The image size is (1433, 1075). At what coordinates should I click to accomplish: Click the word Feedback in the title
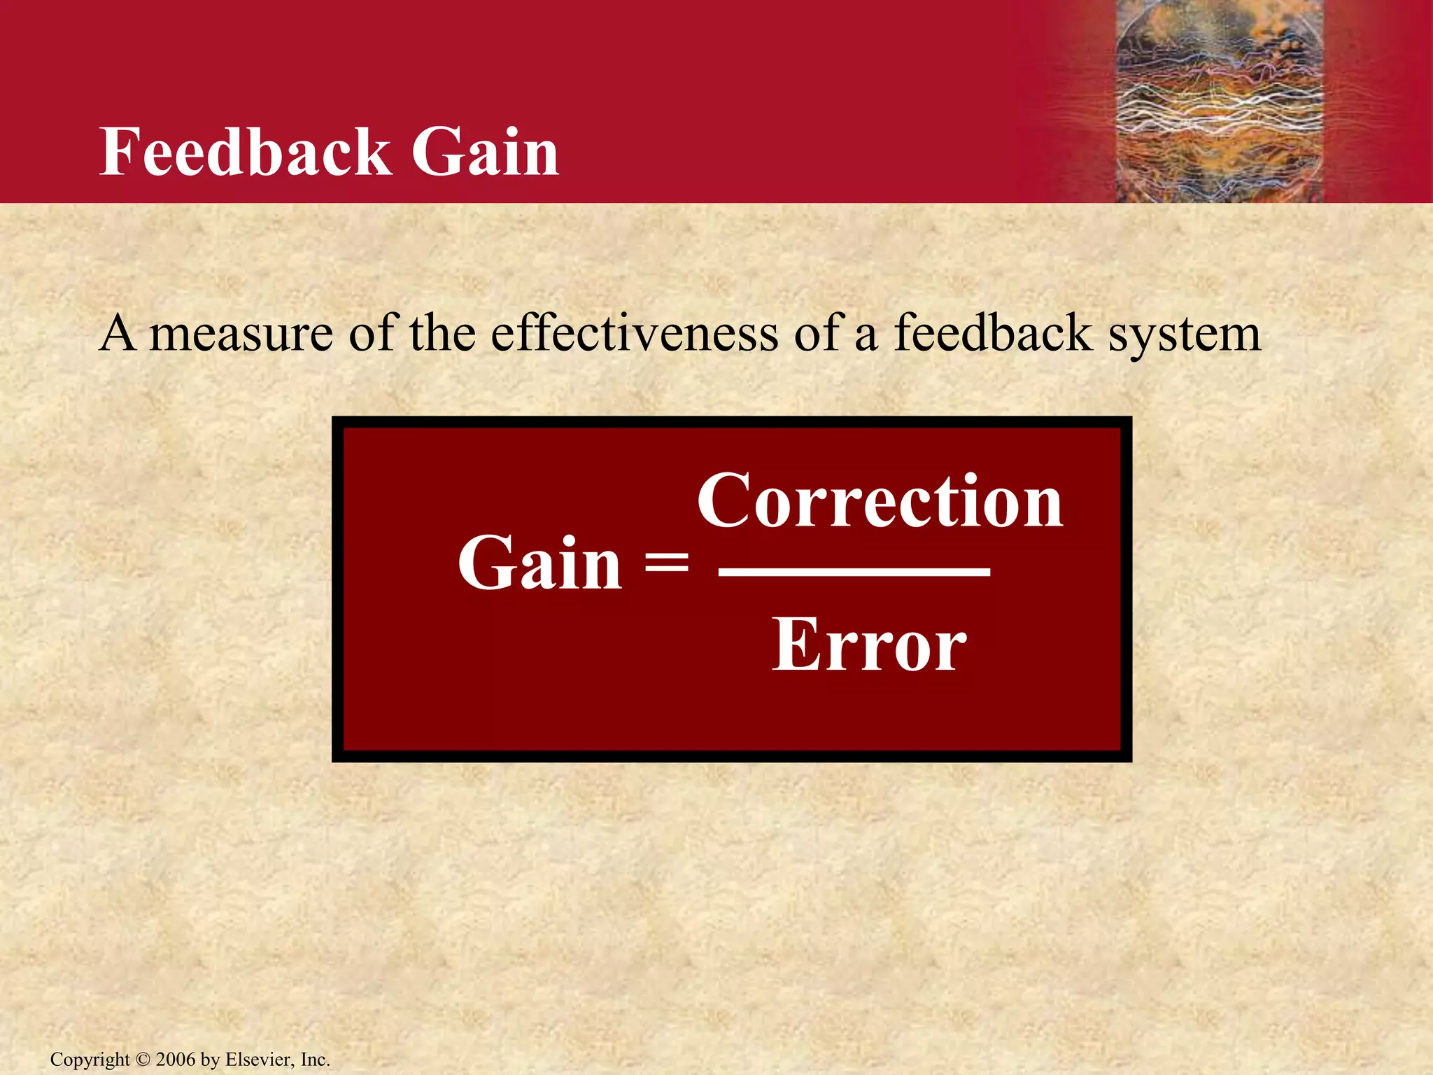point(245,152)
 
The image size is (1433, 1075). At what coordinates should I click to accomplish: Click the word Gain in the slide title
point(485,152)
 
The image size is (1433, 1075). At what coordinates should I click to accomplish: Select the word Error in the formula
point(869,645)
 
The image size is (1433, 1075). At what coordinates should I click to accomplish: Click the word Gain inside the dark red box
point(539,563)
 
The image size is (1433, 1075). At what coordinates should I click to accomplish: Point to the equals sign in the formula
point(666,563)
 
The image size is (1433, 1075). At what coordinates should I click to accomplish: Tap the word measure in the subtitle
point(241,335)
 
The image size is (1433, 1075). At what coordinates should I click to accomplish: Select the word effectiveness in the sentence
point(634,333)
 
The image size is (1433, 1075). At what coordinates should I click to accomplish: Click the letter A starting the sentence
point(117,333)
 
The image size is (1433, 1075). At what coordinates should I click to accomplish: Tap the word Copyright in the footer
point(90,1060)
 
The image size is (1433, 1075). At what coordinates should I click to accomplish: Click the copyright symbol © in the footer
point(143,1060)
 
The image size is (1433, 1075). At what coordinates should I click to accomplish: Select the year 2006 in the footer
point(176,1060)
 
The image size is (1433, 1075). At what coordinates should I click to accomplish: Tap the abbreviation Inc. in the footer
point(315,1060)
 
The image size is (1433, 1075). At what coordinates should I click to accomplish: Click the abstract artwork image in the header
point(1218,101)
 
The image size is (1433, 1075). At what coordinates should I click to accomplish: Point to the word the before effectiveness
point(442,333)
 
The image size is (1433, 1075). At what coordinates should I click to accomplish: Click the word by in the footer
point(210,1060)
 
